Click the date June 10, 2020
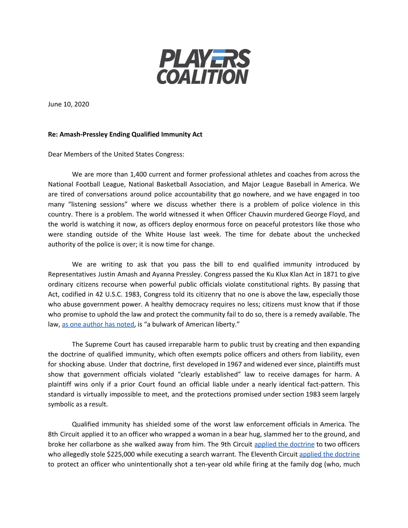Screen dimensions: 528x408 coord(69,104)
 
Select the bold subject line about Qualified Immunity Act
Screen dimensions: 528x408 coord(125,135)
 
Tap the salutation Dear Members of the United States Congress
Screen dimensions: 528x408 coord(116,154)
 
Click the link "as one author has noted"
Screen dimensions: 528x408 coord(98,324)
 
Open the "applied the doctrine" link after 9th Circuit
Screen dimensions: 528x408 coord(284,444)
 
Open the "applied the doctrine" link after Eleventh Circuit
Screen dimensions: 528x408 coord(329,454)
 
